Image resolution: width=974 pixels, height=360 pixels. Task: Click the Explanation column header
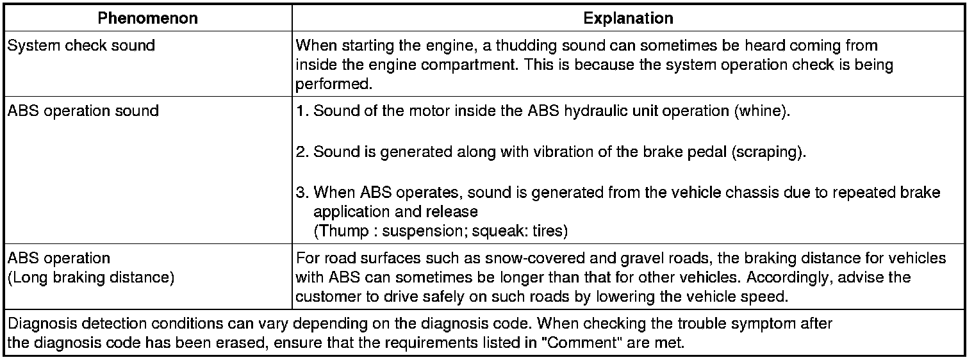(x=628, y=19)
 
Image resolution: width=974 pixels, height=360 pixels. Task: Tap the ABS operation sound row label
(x=83, y=111)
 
